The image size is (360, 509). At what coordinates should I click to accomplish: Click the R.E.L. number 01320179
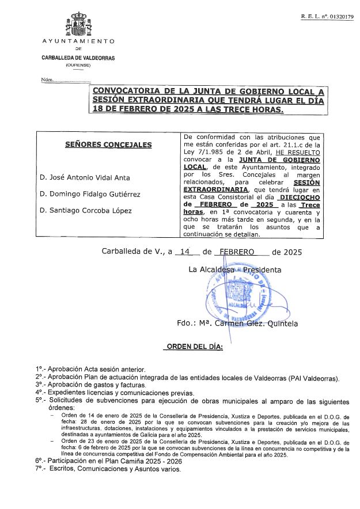pos(327,17)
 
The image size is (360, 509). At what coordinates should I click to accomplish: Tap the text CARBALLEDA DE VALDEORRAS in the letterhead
pos(78,58)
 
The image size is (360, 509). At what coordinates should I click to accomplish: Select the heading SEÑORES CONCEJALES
pos(108,145)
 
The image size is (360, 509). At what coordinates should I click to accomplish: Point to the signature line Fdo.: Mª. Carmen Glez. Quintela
pos(237,324)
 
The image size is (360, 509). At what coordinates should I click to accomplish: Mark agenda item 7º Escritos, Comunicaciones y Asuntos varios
pos(108,469)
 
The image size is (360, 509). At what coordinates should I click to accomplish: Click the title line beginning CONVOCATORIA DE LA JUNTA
pos(209,91)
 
